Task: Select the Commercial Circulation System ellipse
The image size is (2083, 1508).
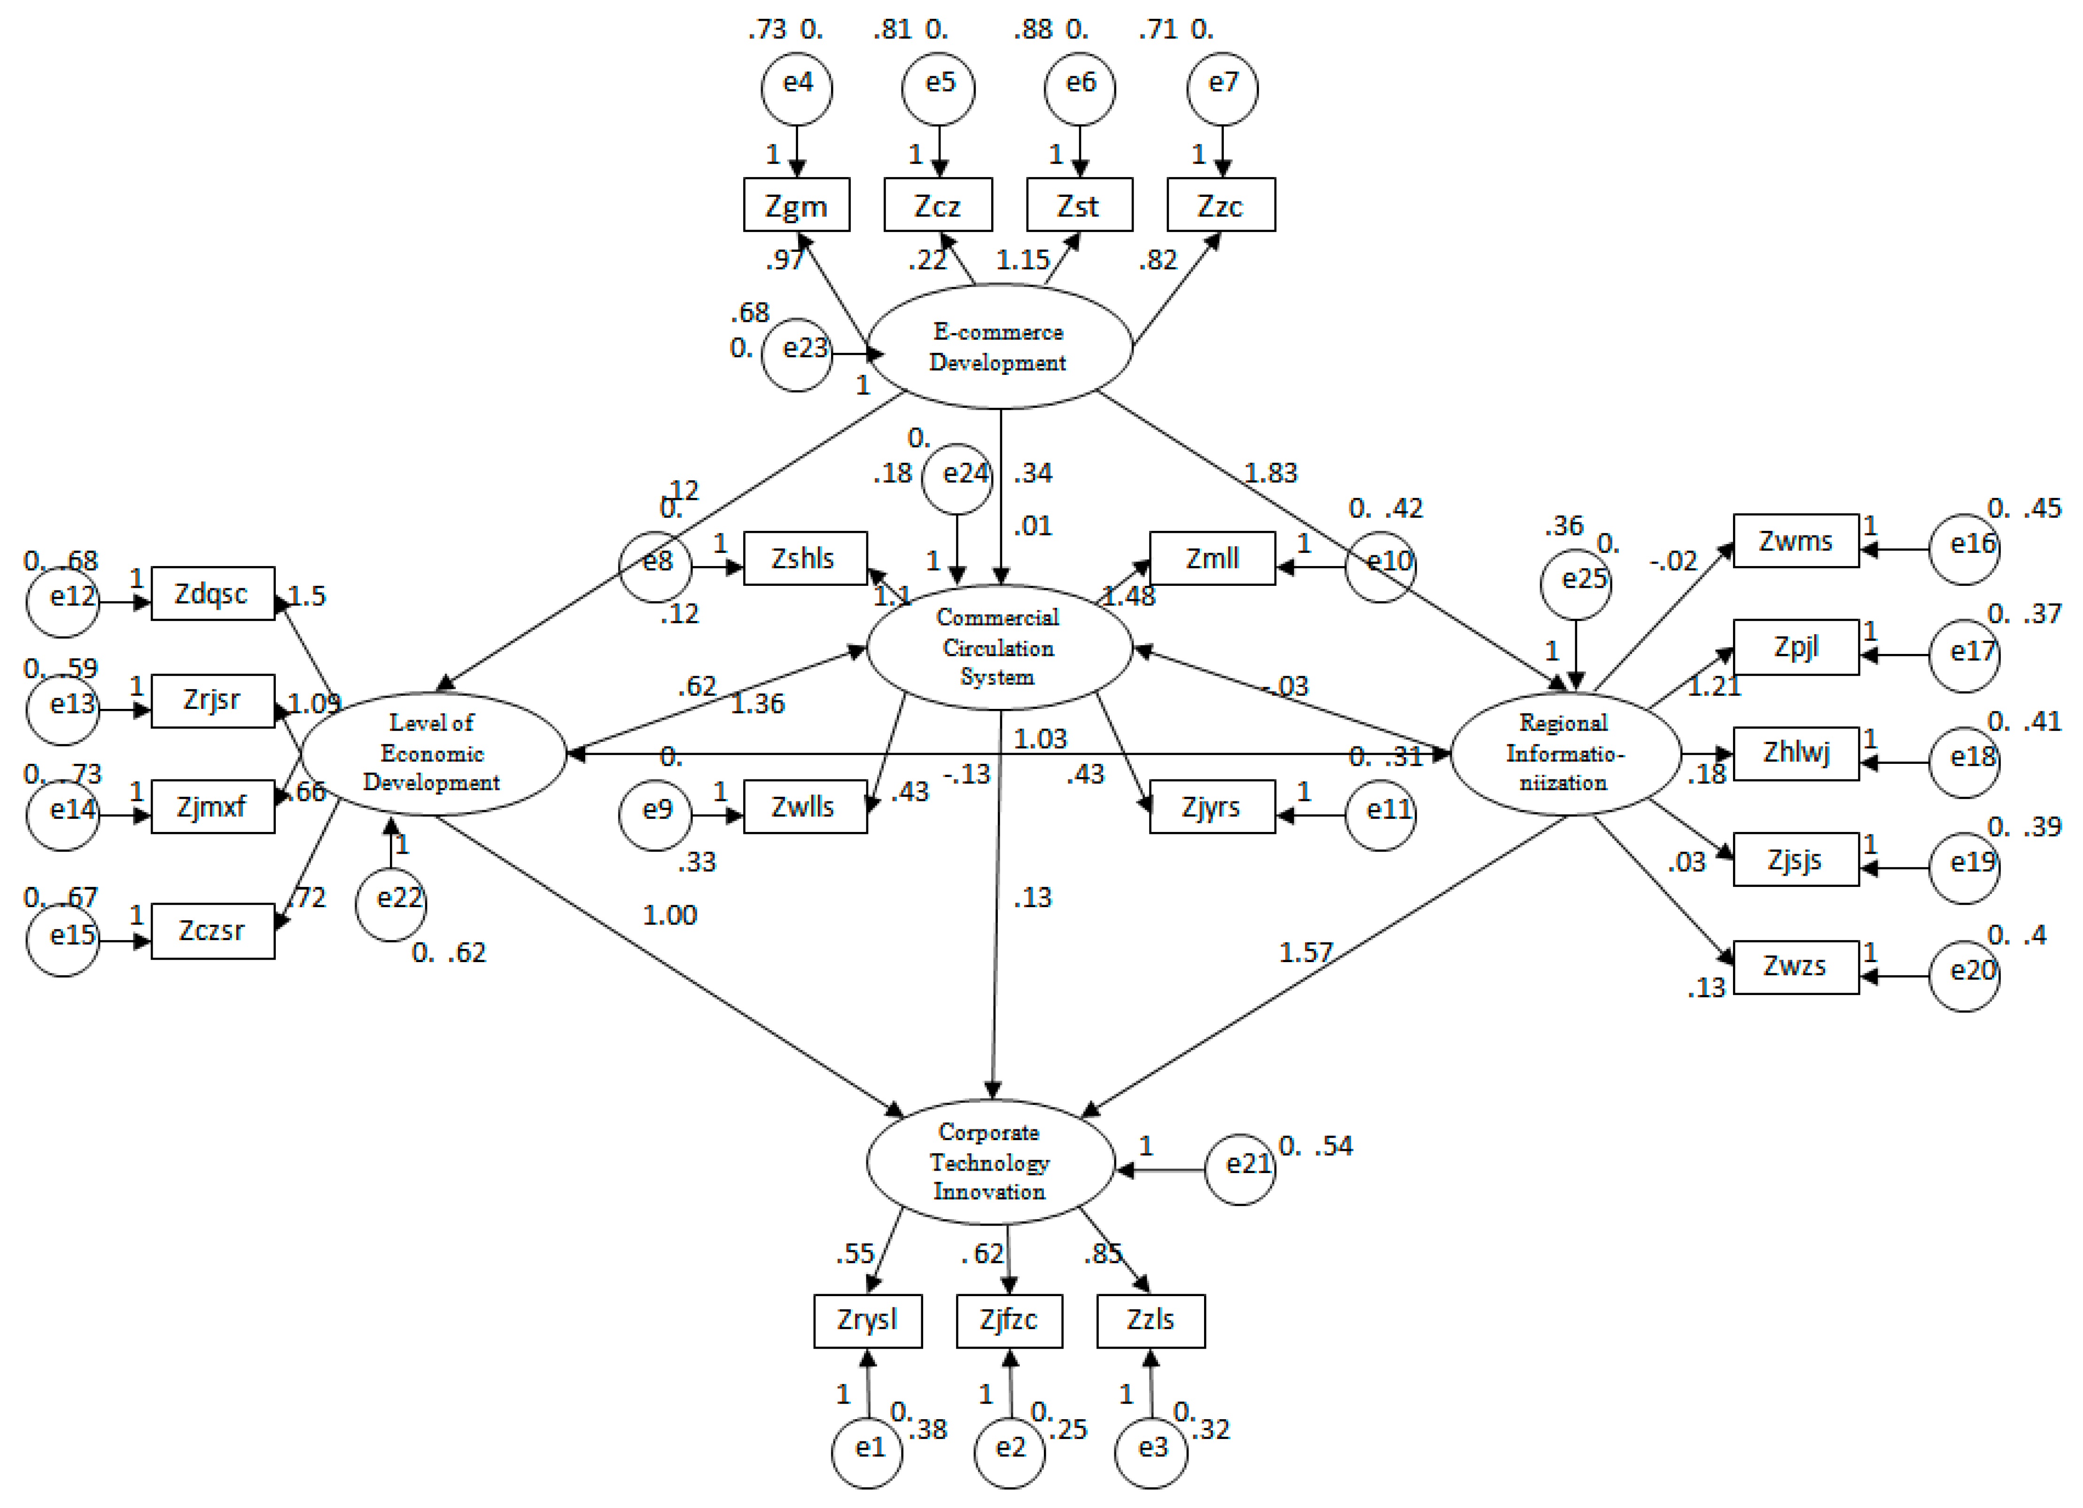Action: pos(999,647)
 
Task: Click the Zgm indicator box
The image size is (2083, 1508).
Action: pos(796,205)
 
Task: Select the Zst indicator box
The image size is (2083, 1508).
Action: pos(1079,205)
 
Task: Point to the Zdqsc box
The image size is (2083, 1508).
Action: pos(212,593)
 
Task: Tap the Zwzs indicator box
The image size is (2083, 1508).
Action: pos(1795,966)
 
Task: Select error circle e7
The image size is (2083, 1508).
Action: pos(1222,89)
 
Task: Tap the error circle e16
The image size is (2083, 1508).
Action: pos(1965,548)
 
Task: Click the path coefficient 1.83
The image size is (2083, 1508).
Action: pos(1271,473)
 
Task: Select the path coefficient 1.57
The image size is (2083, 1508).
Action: pos(1305,952)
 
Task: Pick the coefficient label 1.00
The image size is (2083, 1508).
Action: pos(669,915)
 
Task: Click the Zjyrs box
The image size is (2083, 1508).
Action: pos(1212,806)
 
